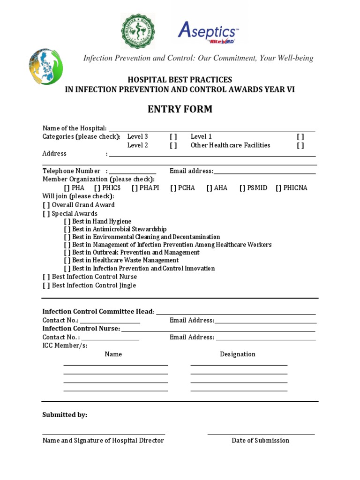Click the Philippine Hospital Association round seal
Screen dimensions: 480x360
coord(138,31)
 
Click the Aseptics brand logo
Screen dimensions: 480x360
coord(208,32)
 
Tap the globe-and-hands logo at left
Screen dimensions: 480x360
coord(46,67)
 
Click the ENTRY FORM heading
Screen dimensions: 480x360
coord(180,109)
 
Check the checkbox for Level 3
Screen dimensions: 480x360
coord(173,137)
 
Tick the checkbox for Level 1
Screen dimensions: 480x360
coord(300,137)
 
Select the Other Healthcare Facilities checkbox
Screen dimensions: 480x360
coord(300,145)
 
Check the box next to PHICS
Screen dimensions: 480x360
coord(97,188)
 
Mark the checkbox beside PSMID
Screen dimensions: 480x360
coord(242,188)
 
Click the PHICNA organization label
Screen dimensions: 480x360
coord(295,188)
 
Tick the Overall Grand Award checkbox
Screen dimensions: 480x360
coord(46,205)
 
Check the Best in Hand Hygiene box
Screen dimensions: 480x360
coord(67,222)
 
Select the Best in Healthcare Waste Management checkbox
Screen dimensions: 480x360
coord(67,261)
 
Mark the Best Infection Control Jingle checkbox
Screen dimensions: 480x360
coord(46,285)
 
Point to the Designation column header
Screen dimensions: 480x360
coord(238,354)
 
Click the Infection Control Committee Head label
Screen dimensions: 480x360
coord(98,312)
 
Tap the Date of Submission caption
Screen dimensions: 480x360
coord(260,441)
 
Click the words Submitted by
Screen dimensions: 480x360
coord(65,415)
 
